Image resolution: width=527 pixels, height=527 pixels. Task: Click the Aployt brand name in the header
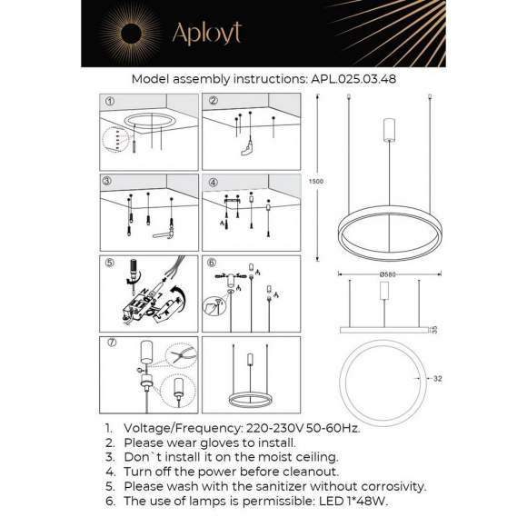coord(206,34)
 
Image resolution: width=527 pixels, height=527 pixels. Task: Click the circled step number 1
coord(110,101)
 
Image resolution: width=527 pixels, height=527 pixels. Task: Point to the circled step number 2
coord(214,101)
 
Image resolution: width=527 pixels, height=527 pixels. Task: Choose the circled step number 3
coord(110,181)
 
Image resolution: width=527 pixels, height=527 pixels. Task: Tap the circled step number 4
coord(214,181)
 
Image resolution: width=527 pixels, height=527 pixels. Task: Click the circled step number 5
coord(110,264)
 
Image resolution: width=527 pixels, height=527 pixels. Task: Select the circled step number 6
coord(214,264)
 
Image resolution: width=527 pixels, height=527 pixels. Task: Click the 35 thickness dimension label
coord(434,329)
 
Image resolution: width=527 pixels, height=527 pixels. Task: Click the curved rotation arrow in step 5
coord(179,298)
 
